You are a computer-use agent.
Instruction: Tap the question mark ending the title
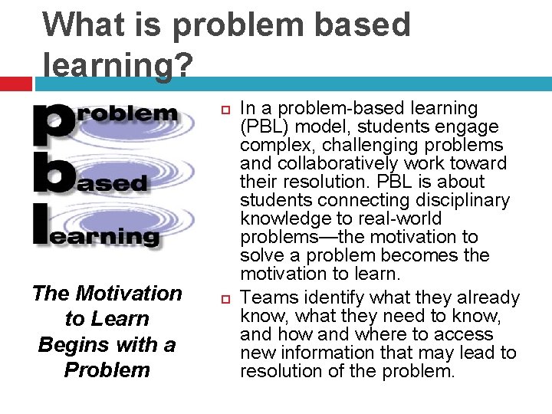(182, 64)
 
